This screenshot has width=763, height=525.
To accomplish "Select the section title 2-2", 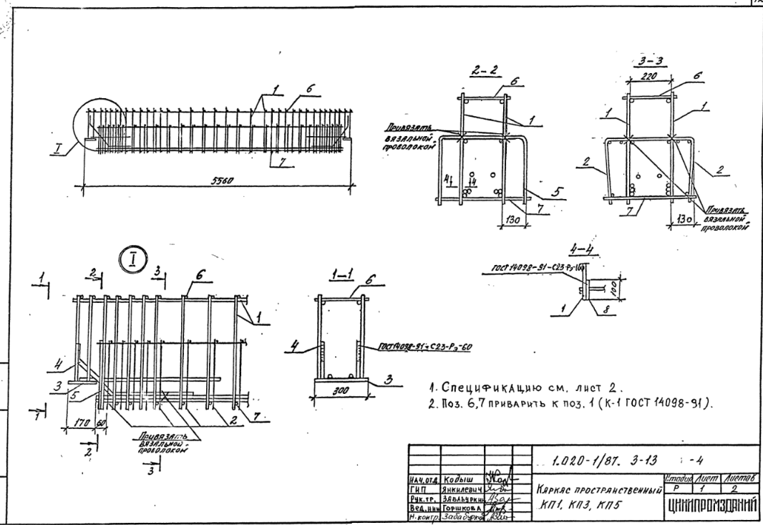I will (484, 72).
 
